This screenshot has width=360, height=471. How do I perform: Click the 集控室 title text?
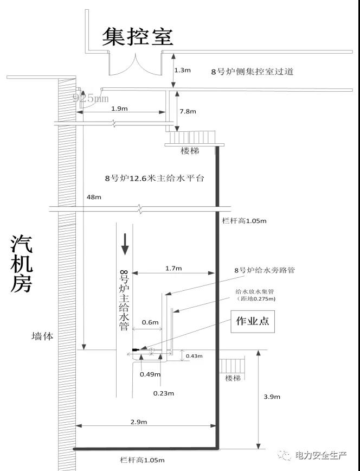tap(138, 36)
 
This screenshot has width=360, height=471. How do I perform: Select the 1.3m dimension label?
tap(182, 70)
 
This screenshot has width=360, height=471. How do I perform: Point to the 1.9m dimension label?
tap(119, 109)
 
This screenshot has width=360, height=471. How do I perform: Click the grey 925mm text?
tap(91, 98)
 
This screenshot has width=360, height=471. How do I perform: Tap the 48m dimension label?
tap(94, 197)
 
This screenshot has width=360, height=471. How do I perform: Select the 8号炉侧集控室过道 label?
tap(252, 71)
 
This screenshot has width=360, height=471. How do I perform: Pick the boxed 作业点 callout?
tap(252, 321)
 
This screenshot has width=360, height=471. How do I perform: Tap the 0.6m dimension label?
tap(150, 322)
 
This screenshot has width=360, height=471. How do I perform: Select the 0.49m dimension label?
tap(147, 374)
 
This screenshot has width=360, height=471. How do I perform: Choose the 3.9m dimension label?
tap(272, 397)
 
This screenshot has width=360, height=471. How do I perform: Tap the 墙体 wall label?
tap(42, 336)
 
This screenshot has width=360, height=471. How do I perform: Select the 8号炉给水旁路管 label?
tap(265, 270)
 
